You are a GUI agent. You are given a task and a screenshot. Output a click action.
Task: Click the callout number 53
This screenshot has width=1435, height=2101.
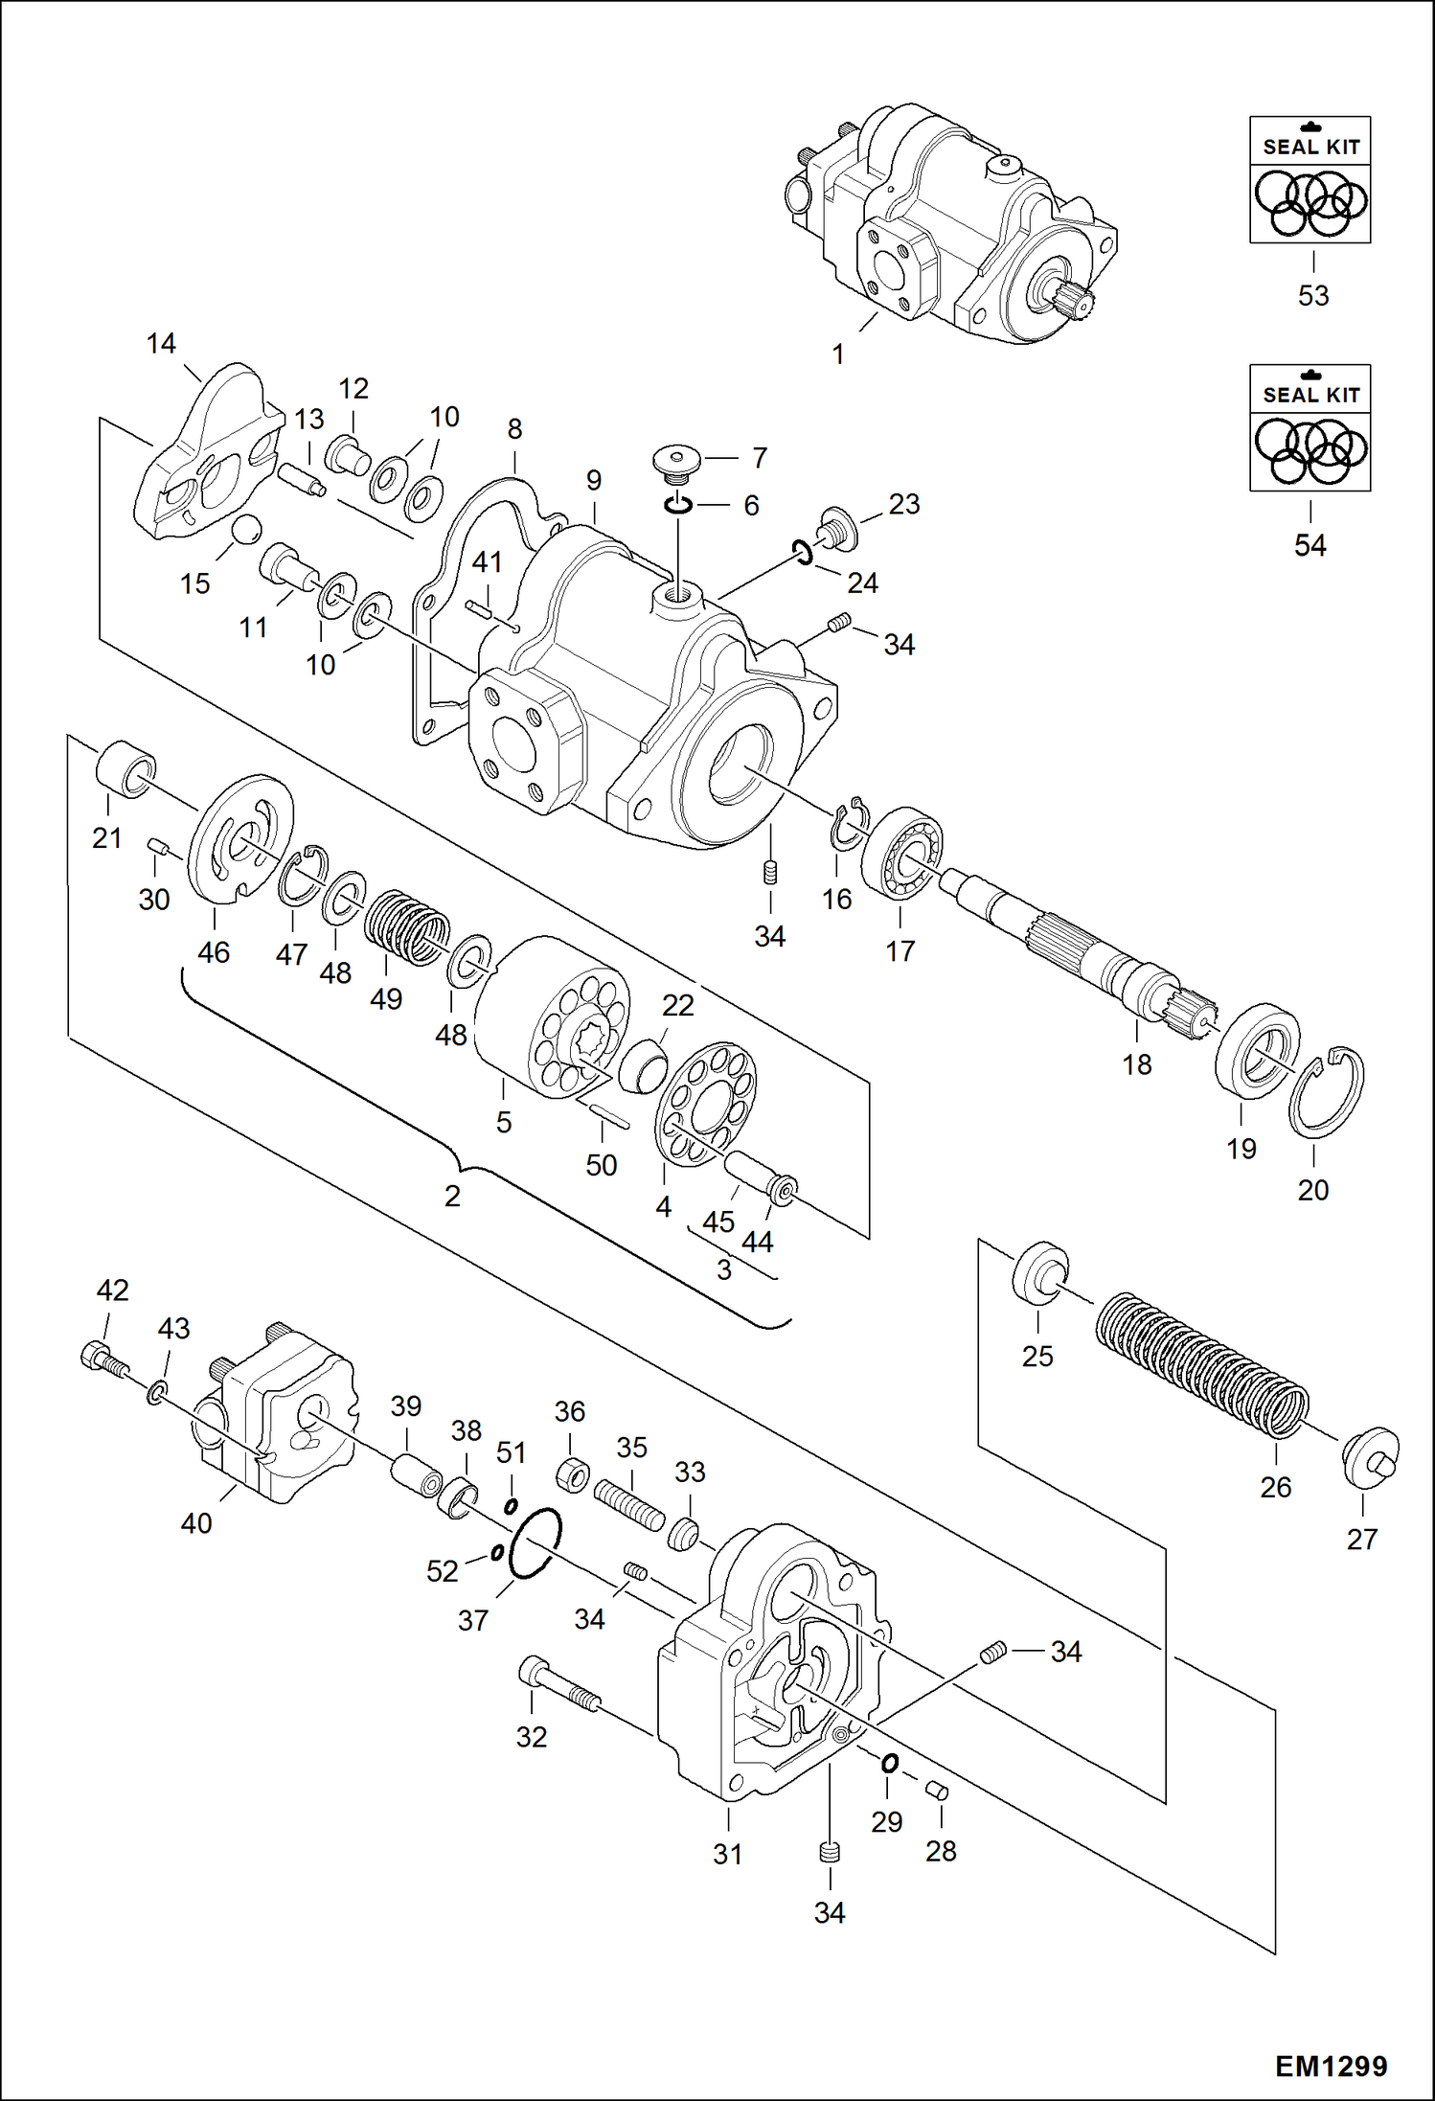[1312, 296]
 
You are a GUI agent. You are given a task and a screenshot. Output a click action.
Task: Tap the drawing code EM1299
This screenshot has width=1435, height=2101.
[1331, 2067]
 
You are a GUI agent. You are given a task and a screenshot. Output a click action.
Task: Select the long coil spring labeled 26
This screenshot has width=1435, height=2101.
[1202, 1365]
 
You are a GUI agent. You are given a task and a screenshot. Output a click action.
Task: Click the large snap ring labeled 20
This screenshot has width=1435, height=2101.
[1327, 1092]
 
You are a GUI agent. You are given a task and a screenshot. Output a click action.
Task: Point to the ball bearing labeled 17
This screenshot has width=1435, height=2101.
[902, 853]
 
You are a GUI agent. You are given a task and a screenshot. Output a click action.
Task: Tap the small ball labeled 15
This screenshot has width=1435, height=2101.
[246, 530]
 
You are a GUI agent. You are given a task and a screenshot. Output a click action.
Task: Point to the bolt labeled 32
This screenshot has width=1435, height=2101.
[560, 1686]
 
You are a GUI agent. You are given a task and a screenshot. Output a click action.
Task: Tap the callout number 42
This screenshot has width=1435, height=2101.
[112, 1290]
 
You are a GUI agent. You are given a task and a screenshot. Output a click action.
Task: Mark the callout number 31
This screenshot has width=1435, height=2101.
[727, 1854]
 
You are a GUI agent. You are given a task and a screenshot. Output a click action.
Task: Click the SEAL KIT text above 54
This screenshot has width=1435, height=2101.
[1310, 395]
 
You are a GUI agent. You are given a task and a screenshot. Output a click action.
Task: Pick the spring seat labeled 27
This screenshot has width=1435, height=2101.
[1370, 1457]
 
